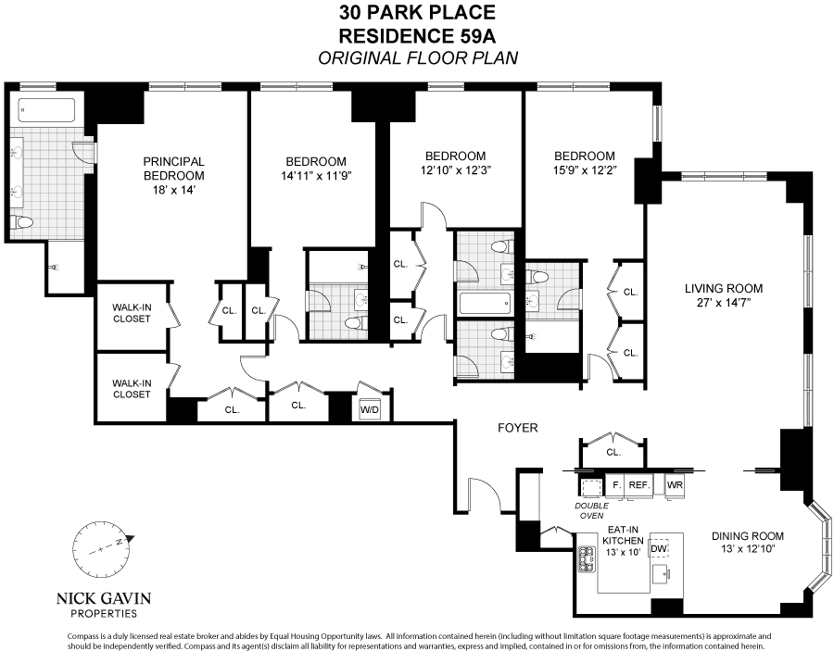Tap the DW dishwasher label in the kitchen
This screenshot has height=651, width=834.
660,548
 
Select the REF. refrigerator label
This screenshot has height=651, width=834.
639,485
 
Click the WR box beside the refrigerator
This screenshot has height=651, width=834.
675,485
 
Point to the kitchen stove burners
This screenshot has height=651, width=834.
587,559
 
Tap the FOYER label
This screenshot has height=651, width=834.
517,428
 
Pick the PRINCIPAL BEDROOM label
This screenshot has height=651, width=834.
173,169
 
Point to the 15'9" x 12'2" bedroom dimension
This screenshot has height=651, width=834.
584,170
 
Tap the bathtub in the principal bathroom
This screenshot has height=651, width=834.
49,111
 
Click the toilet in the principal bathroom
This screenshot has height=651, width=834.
24,222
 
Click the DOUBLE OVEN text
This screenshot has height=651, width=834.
591,510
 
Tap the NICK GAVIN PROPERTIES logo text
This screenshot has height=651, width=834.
105,604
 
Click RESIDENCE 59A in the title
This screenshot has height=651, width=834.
417,36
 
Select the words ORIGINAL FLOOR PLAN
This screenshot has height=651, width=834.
417,58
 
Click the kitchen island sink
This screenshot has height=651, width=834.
661,574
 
